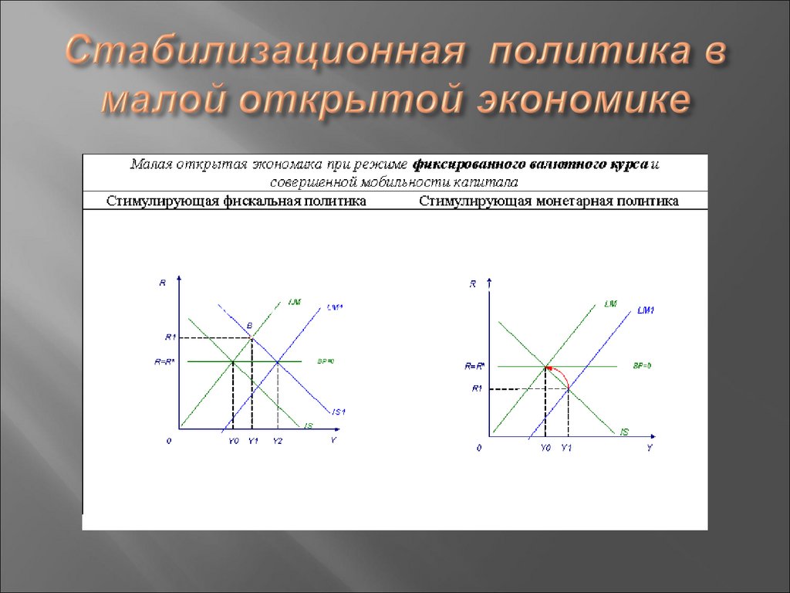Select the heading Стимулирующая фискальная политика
[x=236, y=202]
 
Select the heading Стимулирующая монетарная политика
[x=549, y=202]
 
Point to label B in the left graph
[x=249, y=324]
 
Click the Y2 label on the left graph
[x=278, y=440]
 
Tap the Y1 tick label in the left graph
[x=253, y=440]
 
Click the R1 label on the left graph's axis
[x=170, y=337]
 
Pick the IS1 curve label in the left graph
[x=338, y=410]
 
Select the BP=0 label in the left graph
[x=326, y=361]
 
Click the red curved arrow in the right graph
[x=562, y=376]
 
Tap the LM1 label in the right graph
[x=646, y=310]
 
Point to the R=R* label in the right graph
[x=474, y=366]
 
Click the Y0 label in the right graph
[x=545, y=448]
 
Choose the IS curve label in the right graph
[x=623, y=432]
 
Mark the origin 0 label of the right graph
[x=478, y=448]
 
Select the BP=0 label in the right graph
[x=642, y=365]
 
